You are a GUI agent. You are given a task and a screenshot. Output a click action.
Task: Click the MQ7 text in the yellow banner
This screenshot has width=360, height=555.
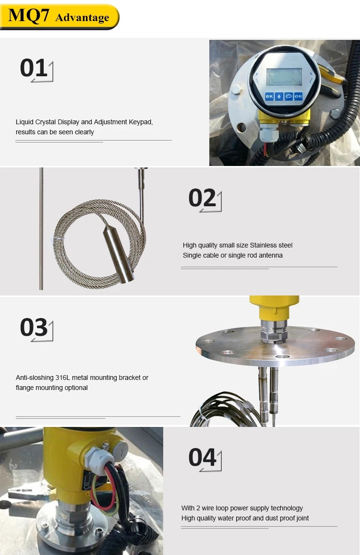(x=29, y=16)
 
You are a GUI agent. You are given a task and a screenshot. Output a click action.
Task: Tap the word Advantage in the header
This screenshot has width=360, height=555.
(x=82, y=18)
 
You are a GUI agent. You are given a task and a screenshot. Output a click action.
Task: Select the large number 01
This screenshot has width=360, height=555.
(x=34, y=68)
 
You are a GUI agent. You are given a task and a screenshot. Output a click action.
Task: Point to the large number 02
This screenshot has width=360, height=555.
(x=202, y=198)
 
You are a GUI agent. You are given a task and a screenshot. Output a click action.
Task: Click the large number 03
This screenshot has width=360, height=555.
(x=34, y=328)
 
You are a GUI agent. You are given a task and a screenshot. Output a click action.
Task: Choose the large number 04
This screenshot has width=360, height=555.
(x=202, y=458)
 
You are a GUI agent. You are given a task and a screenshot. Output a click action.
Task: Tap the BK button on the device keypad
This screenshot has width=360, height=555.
(x=269, y=96)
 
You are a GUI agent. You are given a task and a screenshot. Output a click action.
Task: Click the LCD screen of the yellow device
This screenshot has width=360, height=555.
(x=284, y=77)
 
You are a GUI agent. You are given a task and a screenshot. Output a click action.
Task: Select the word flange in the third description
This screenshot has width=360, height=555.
(x=25, y=388)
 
